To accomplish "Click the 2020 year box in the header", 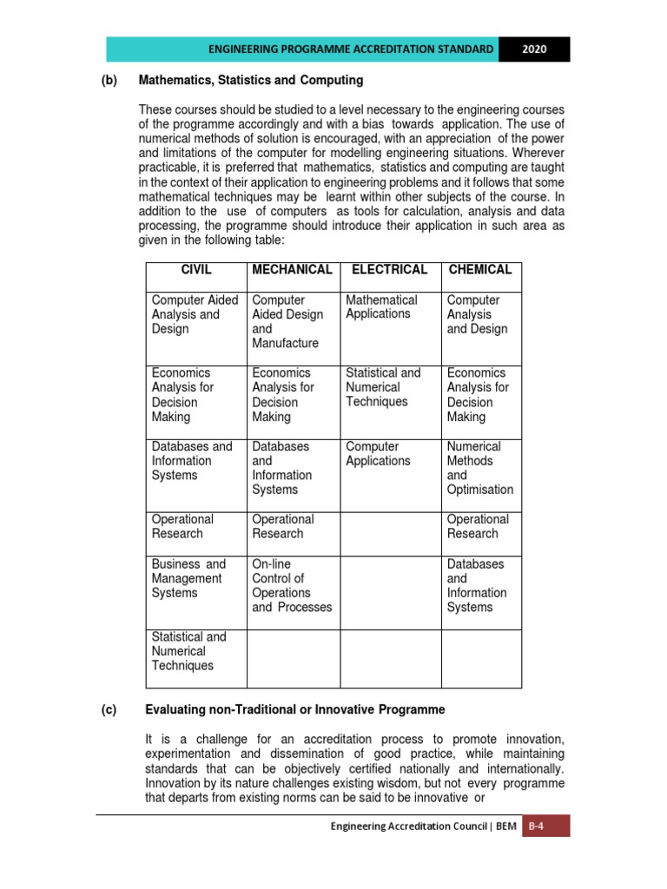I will [x=535, y=49].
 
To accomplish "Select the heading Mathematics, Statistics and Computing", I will [x=250, y=81].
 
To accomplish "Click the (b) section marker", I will [x=110, y=81].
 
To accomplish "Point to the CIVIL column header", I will [x=195, y=270].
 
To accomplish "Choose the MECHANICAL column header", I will [x=292, y=270].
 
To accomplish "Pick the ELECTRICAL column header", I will [x=389, y=270].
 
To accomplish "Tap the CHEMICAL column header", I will [x=480, y=270].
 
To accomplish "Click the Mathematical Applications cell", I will [x=381, y=306].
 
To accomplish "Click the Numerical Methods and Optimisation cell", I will [x=480, y=468].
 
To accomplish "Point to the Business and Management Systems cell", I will [x=188, y=578].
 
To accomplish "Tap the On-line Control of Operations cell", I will [x=292, y=585].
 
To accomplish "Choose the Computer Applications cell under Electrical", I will [x=378, y=453].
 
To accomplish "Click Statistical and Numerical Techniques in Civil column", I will [x=188, y=651].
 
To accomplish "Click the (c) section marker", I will [x=110, y=710].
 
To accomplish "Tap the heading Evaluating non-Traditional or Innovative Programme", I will [x=295, y=710].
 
